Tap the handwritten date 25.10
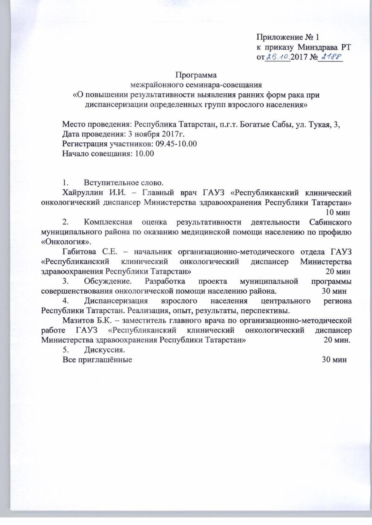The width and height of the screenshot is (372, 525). [278, 57]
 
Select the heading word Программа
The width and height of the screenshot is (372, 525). [196, 75]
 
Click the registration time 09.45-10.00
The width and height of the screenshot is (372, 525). [176, 144]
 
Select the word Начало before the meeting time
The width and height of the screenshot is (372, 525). [76, 154]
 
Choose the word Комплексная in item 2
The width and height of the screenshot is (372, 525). [108, 222]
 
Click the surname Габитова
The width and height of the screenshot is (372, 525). [79, 252]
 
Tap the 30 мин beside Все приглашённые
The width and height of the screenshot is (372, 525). [334, 360]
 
